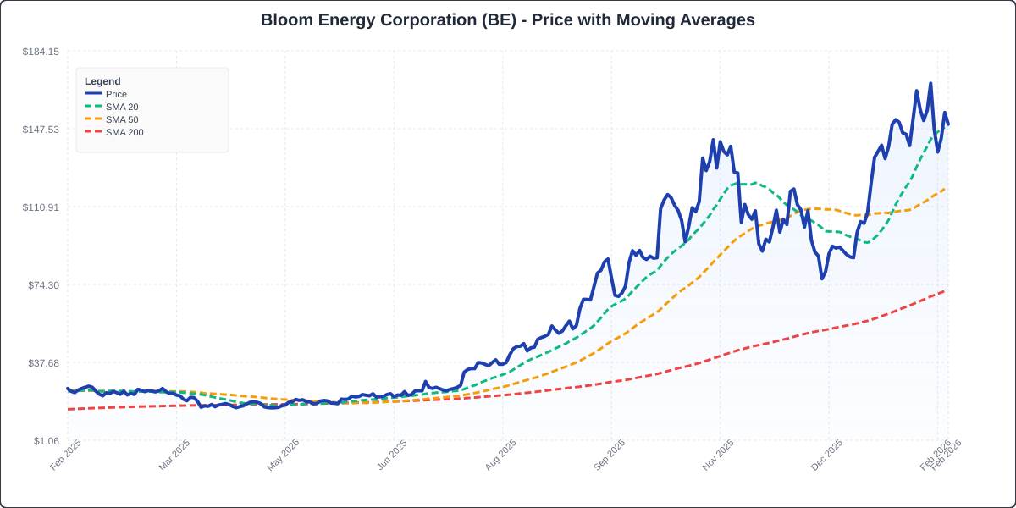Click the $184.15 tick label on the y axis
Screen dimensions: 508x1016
[41, 52]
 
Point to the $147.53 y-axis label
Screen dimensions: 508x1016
[41, 130]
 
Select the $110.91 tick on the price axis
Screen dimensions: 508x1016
[41, 207]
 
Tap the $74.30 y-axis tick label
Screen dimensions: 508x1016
[43, 285]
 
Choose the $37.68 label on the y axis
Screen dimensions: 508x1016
[43, 363]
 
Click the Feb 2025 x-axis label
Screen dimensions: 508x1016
[66, 455]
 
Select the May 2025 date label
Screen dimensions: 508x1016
[284, 455]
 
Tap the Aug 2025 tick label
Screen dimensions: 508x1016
[500, 455]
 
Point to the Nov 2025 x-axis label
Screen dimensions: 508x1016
[718, 455]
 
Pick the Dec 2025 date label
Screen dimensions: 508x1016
[827, 455]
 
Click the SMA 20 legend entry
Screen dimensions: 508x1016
[122, 107]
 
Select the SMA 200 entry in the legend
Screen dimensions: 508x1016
[124, 132]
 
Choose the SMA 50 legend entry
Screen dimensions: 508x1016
[122, 119]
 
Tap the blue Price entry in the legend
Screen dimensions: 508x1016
[116, 94]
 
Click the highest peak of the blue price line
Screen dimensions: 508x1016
[930, 83]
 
